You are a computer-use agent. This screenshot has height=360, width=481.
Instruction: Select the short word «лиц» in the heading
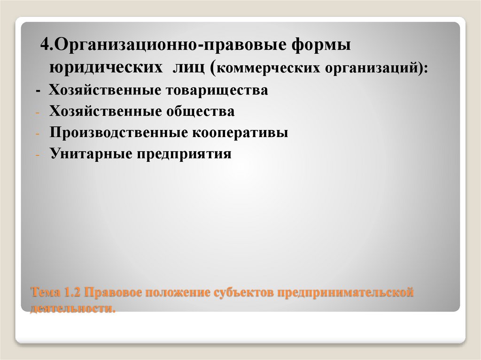190,68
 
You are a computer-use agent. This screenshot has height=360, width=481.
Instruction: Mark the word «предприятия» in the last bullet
184,154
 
